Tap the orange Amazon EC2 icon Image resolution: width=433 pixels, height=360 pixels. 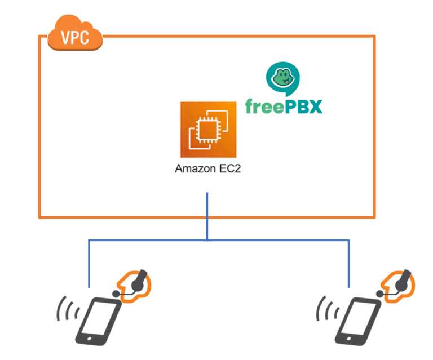[209, 130]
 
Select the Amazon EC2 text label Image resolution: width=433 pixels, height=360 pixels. [208, 169]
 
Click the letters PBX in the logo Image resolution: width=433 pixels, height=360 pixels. [305, 105]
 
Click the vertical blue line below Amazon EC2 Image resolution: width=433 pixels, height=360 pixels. [207, 216]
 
